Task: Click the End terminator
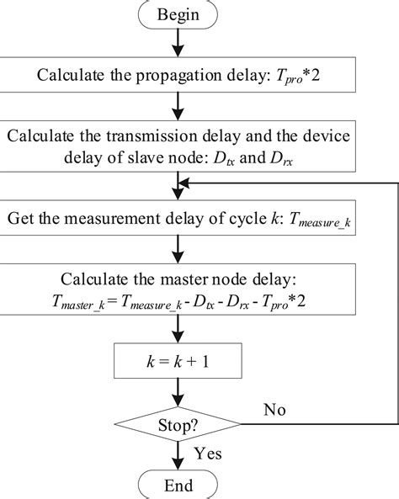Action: [177, 486]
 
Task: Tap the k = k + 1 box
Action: [177, 364]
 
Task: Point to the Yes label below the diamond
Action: [207, 453]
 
